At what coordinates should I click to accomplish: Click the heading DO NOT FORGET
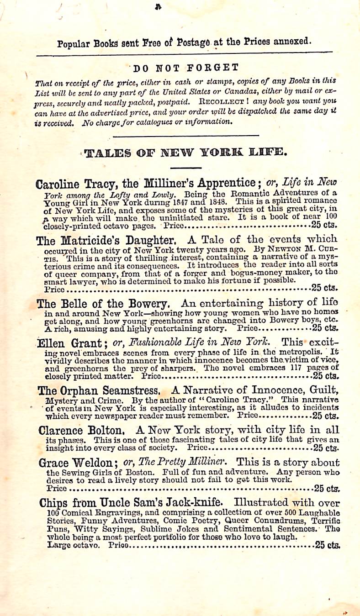click(x=186, y=68)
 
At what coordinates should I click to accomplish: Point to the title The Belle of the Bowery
click(x=103, y=303)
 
